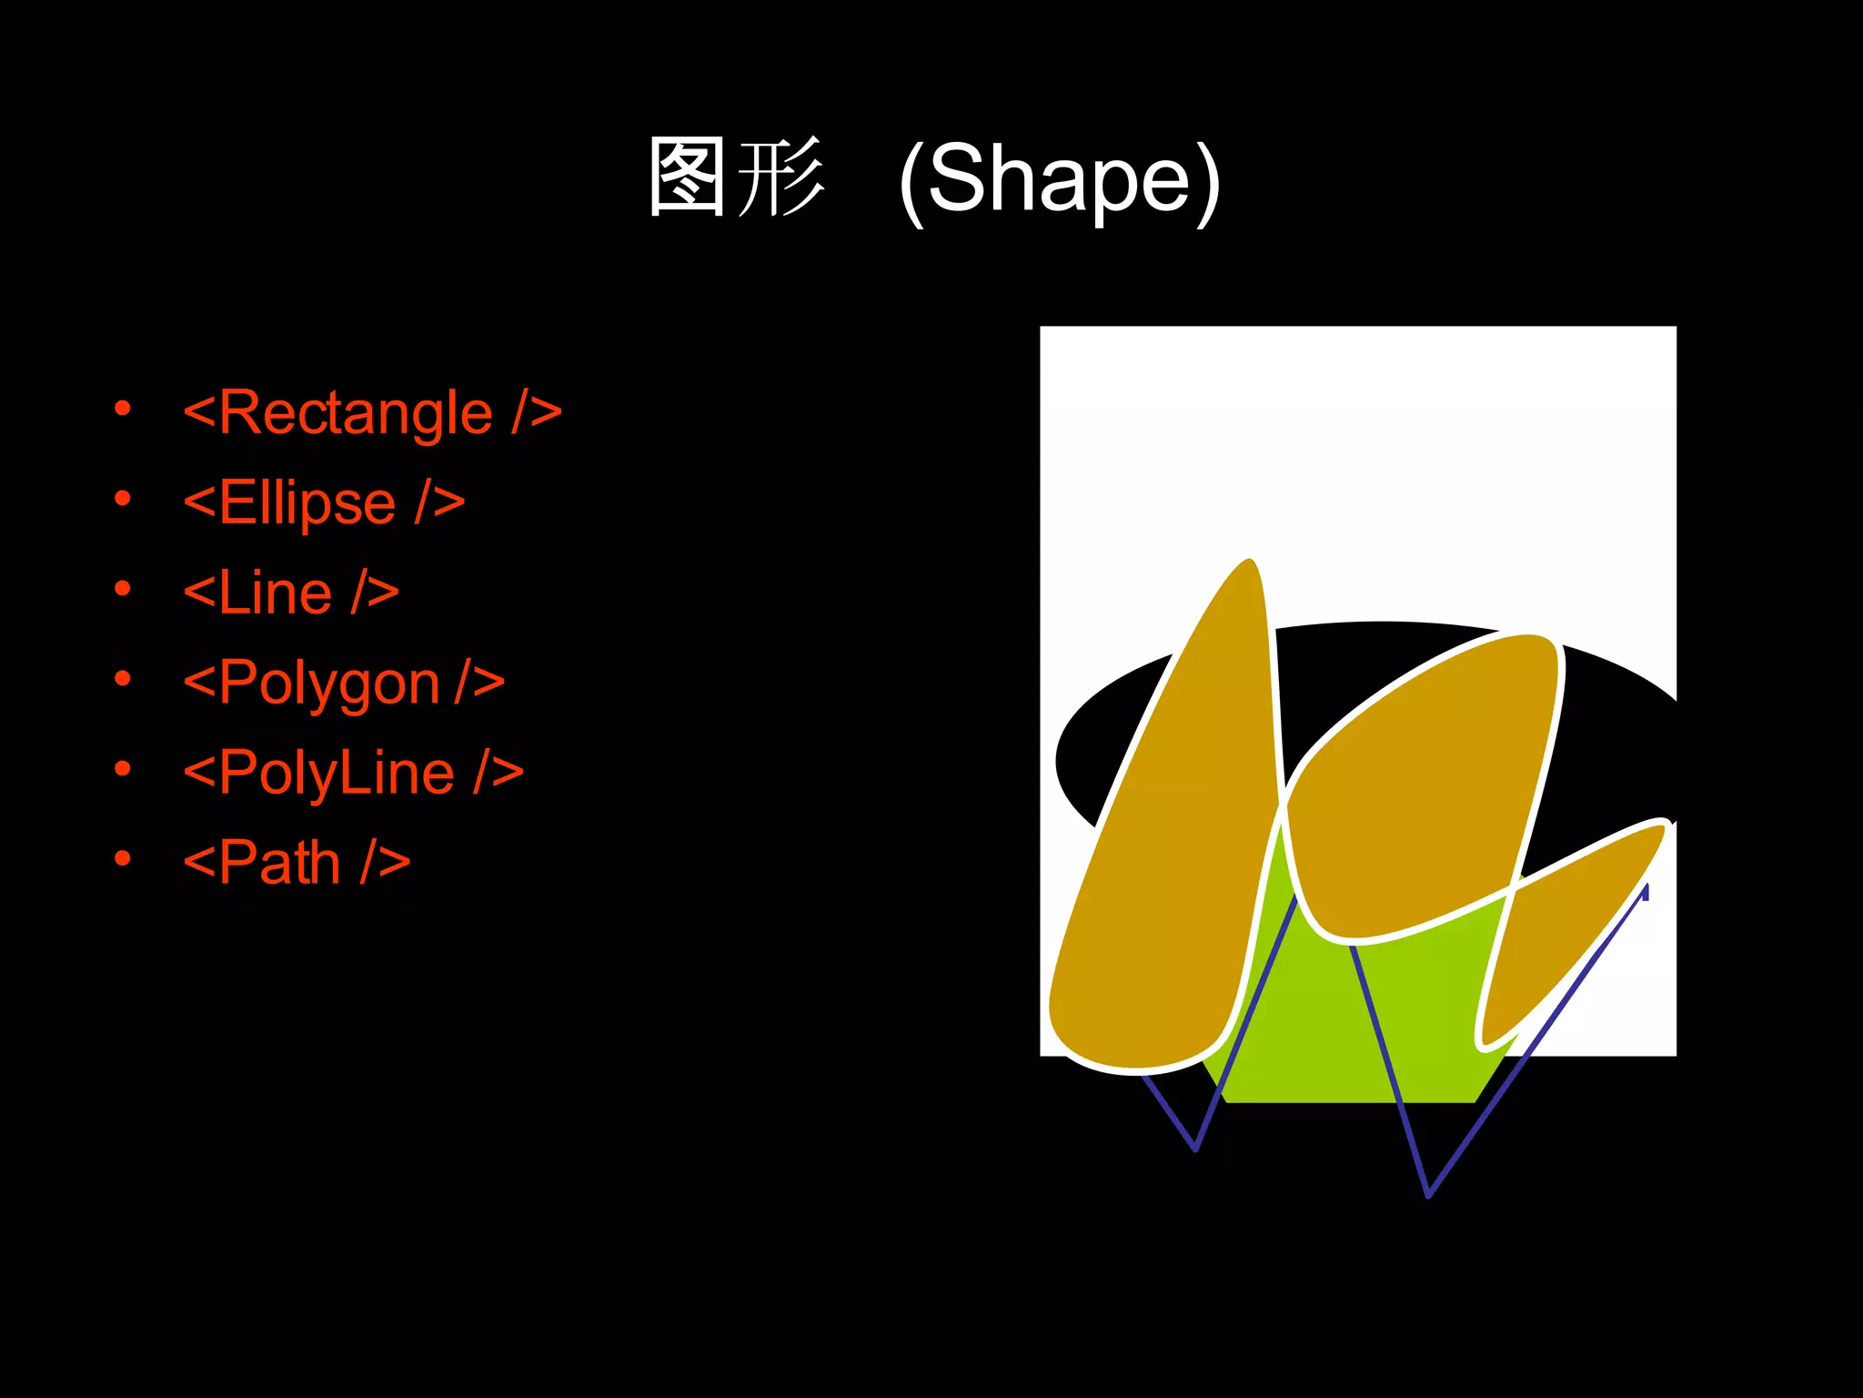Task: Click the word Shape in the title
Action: (x=1060, y=179)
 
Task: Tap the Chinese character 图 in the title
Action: (x=688, y=177)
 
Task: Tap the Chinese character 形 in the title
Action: (x=780, y=177)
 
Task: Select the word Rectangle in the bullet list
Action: (x=356, y=414)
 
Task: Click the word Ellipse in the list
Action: (x=307, y=503)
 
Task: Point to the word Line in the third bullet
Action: (x=275, y=593)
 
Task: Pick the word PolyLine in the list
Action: (x=336, y=774)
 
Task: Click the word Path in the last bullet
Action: (x=279, y=863)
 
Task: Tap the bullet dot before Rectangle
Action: (x=123, y=409)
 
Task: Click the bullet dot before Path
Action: (x=123, y=857)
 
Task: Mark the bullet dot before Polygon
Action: (x=123, y=678)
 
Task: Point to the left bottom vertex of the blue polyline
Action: (x=1195, y=1149)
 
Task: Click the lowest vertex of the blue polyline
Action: (x=1428, y=1195)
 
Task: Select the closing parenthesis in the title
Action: (x=1207, y=181)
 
